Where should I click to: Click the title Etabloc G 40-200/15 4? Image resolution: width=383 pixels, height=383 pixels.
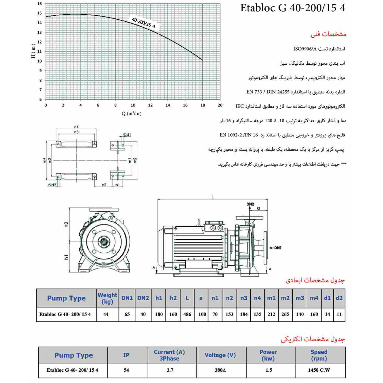293,8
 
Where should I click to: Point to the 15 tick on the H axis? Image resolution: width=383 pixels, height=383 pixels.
40,13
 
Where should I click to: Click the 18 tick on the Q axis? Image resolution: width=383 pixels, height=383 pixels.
203,105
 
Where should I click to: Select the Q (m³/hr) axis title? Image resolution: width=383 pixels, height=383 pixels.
131,114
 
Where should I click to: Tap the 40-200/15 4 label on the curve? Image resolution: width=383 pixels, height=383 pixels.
143,23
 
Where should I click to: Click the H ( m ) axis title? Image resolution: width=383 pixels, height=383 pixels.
33,51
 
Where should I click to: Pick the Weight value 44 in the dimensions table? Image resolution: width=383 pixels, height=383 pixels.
106,314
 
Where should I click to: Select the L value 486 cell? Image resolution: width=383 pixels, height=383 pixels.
187,314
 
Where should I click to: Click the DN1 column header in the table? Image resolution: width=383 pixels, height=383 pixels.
127,298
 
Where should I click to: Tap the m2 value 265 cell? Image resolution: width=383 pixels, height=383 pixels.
285,314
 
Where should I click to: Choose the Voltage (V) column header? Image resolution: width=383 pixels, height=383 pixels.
220,355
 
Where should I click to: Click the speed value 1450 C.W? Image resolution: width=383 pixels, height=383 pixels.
319,370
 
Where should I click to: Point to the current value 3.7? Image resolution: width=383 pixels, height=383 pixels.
170,370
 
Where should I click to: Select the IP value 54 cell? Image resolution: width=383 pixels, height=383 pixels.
126,370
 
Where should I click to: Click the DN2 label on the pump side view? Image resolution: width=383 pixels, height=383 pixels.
250,204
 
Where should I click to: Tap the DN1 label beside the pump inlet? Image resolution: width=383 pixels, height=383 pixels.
277,248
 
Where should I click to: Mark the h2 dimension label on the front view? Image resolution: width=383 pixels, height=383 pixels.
66,224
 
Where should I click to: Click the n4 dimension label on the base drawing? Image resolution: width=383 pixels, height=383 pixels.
76,127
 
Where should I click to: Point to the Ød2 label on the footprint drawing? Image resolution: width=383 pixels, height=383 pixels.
52,185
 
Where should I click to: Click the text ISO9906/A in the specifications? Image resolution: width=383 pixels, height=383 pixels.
305,49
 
